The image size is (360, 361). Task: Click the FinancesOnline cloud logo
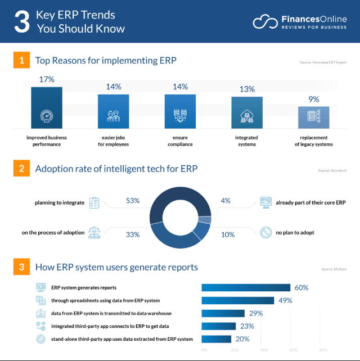coord(264,21)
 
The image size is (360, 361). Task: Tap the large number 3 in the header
coord(21,22)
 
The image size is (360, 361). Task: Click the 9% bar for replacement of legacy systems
coord(314,118)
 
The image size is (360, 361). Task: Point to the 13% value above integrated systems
coord(247,89)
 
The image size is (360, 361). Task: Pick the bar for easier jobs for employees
coord(114,112)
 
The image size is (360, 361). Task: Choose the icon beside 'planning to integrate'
coord(94,201)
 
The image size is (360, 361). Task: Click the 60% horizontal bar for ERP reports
coord(246,287)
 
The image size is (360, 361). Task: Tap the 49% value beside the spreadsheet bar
coord(285,300)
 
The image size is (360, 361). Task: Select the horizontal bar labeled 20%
coord(217,339)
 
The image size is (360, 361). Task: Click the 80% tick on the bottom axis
coord(323,350)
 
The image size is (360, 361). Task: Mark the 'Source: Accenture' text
coord(332,170)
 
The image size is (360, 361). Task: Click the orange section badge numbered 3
coord(21,267)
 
